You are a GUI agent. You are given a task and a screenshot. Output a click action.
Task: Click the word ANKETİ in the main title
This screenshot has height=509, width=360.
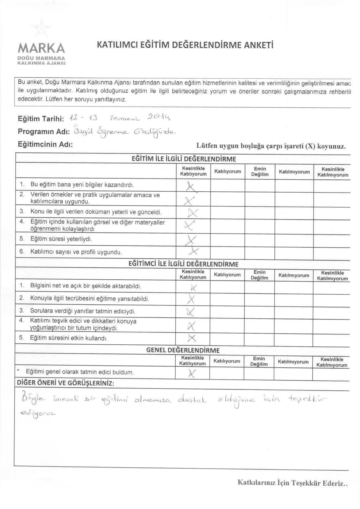coord(258,45)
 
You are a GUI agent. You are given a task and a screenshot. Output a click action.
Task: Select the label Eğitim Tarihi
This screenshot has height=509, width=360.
coord(41,119)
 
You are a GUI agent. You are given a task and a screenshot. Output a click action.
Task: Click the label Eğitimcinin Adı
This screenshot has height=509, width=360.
coord(45,144)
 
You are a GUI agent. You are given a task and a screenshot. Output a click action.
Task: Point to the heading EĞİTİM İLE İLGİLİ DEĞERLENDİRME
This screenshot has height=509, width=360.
coord(184,159)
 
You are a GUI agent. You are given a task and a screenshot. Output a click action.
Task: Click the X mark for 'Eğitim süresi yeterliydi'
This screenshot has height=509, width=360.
coord(191,240)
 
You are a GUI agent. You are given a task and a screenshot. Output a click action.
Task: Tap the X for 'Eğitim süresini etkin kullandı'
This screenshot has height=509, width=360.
coord(192,337)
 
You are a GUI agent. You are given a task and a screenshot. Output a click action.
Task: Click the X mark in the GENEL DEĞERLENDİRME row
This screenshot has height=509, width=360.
coord(191,373)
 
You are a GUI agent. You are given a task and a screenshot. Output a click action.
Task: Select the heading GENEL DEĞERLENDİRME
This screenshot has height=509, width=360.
coord(183,350)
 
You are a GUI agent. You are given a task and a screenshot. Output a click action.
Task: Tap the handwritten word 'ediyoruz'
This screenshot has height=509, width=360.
coord(38,413)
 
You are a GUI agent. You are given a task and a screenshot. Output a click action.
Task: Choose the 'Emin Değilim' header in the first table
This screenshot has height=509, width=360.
coord(260,172)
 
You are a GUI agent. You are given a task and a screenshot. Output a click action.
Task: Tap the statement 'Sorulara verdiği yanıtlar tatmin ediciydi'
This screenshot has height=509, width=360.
coord(83,312)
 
